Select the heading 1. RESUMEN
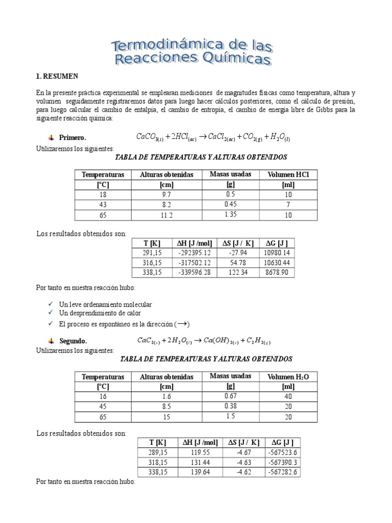[x=57, y=76]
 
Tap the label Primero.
[x=72, y=137]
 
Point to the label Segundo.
[x=73, y=340]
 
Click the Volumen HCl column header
[x=288, y=175]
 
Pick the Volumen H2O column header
[x=288, y=377]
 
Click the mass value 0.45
[x=230, y=205]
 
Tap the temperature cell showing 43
[x=103, y=205]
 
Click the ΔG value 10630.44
[x=278, y=263]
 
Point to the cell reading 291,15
[x=152, y=253]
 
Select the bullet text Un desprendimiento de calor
[x=100, y=313]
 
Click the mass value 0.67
[x=230, y=396]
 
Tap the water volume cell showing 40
[x=288, y=396]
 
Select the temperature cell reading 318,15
[x=157, y=462]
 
